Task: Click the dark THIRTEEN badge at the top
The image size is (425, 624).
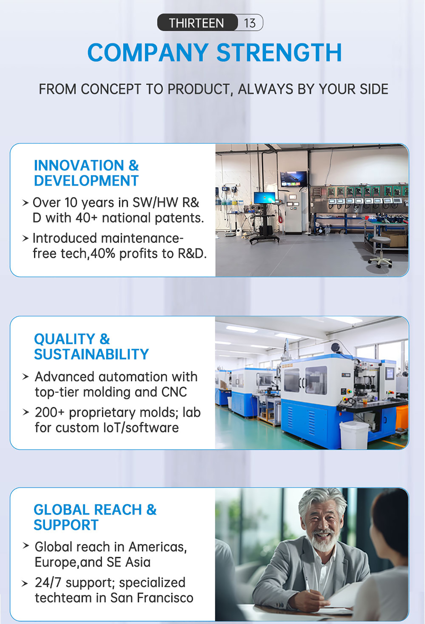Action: point(197,23)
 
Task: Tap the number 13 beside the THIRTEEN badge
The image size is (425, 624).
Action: point(249,23)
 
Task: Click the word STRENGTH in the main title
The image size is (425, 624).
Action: point(279,53)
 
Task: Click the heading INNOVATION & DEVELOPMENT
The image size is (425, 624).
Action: point(86,173)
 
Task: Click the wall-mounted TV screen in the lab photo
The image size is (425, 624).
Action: point(294,178)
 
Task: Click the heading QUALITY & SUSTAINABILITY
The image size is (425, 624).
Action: point(91,347)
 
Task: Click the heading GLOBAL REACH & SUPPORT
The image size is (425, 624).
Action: point(95,518)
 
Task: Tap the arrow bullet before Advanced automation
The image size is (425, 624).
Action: point(25,377)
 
